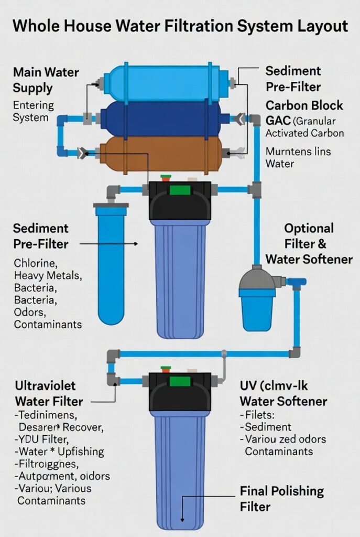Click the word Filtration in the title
[x=195, y=26]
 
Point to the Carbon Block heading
[x=304, y=105]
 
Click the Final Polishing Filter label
[x=281, y=498]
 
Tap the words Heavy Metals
[x=48, y=275]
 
